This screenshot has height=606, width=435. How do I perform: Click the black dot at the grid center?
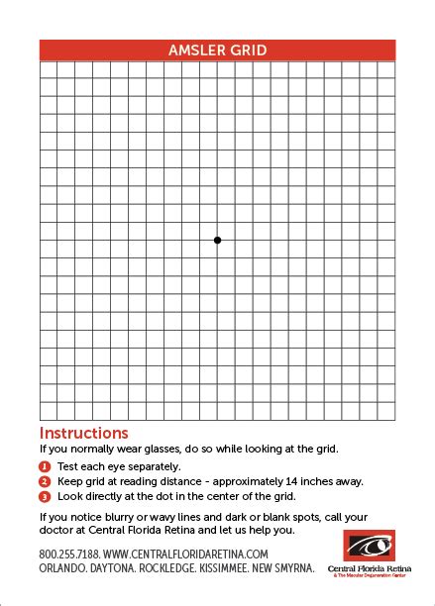pyautogui.click(x=217, y=240)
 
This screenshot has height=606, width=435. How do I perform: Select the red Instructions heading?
pyautogui.click(x=83, y=433)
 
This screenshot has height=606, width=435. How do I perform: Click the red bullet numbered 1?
pyautogui.click(x=45, y=466)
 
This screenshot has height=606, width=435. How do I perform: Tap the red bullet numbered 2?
pyautogui.click(x=45, y=481)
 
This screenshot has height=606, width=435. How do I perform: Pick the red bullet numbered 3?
pyautogui.click(x=45, y=496)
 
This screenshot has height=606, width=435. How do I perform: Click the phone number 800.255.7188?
pyautogui.click(x=68, y=554)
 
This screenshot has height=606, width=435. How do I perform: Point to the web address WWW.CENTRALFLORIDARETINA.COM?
pyautogui.click(x=185, y=554)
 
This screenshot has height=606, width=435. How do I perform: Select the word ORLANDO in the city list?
pyautogui.click(x=63, y=568)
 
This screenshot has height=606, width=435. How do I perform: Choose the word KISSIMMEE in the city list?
pyautogui.click(x=249, y=568)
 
